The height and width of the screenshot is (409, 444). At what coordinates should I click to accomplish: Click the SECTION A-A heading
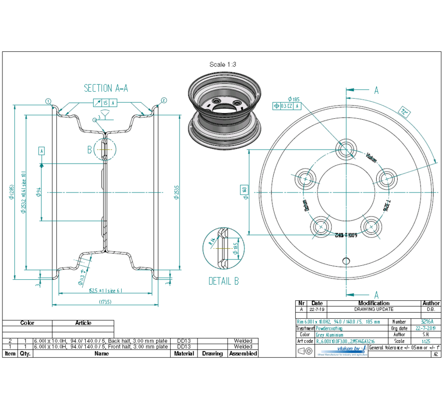(x=106, y=88)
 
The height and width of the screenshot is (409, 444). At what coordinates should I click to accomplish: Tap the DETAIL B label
(x=223, y=281)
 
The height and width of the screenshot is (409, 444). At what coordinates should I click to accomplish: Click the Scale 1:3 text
(x=222, y=64)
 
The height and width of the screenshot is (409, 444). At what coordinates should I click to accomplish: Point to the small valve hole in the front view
(x=345, y=261)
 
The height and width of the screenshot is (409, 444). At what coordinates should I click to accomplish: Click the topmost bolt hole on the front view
(x=345, y=149)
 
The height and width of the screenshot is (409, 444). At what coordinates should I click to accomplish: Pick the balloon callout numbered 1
(x=48, y=101)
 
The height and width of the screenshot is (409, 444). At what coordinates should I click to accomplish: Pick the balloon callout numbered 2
(x=163, y=101)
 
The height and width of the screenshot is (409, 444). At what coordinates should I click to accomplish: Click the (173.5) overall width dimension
(x=105, y=302)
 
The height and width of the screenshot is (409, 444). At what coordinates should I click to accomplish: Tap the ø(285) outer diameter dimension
(x=11, y=192)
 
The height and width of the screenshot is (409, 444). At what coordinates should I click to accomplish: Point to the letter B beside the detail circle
(x=89, y=149)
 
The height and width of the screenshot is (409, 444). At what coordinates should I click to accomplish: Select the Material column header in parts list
(x=184, y=353)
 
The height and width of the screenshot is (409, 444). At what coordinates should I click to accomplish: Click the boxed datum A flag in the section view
(x=41, y=150)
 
